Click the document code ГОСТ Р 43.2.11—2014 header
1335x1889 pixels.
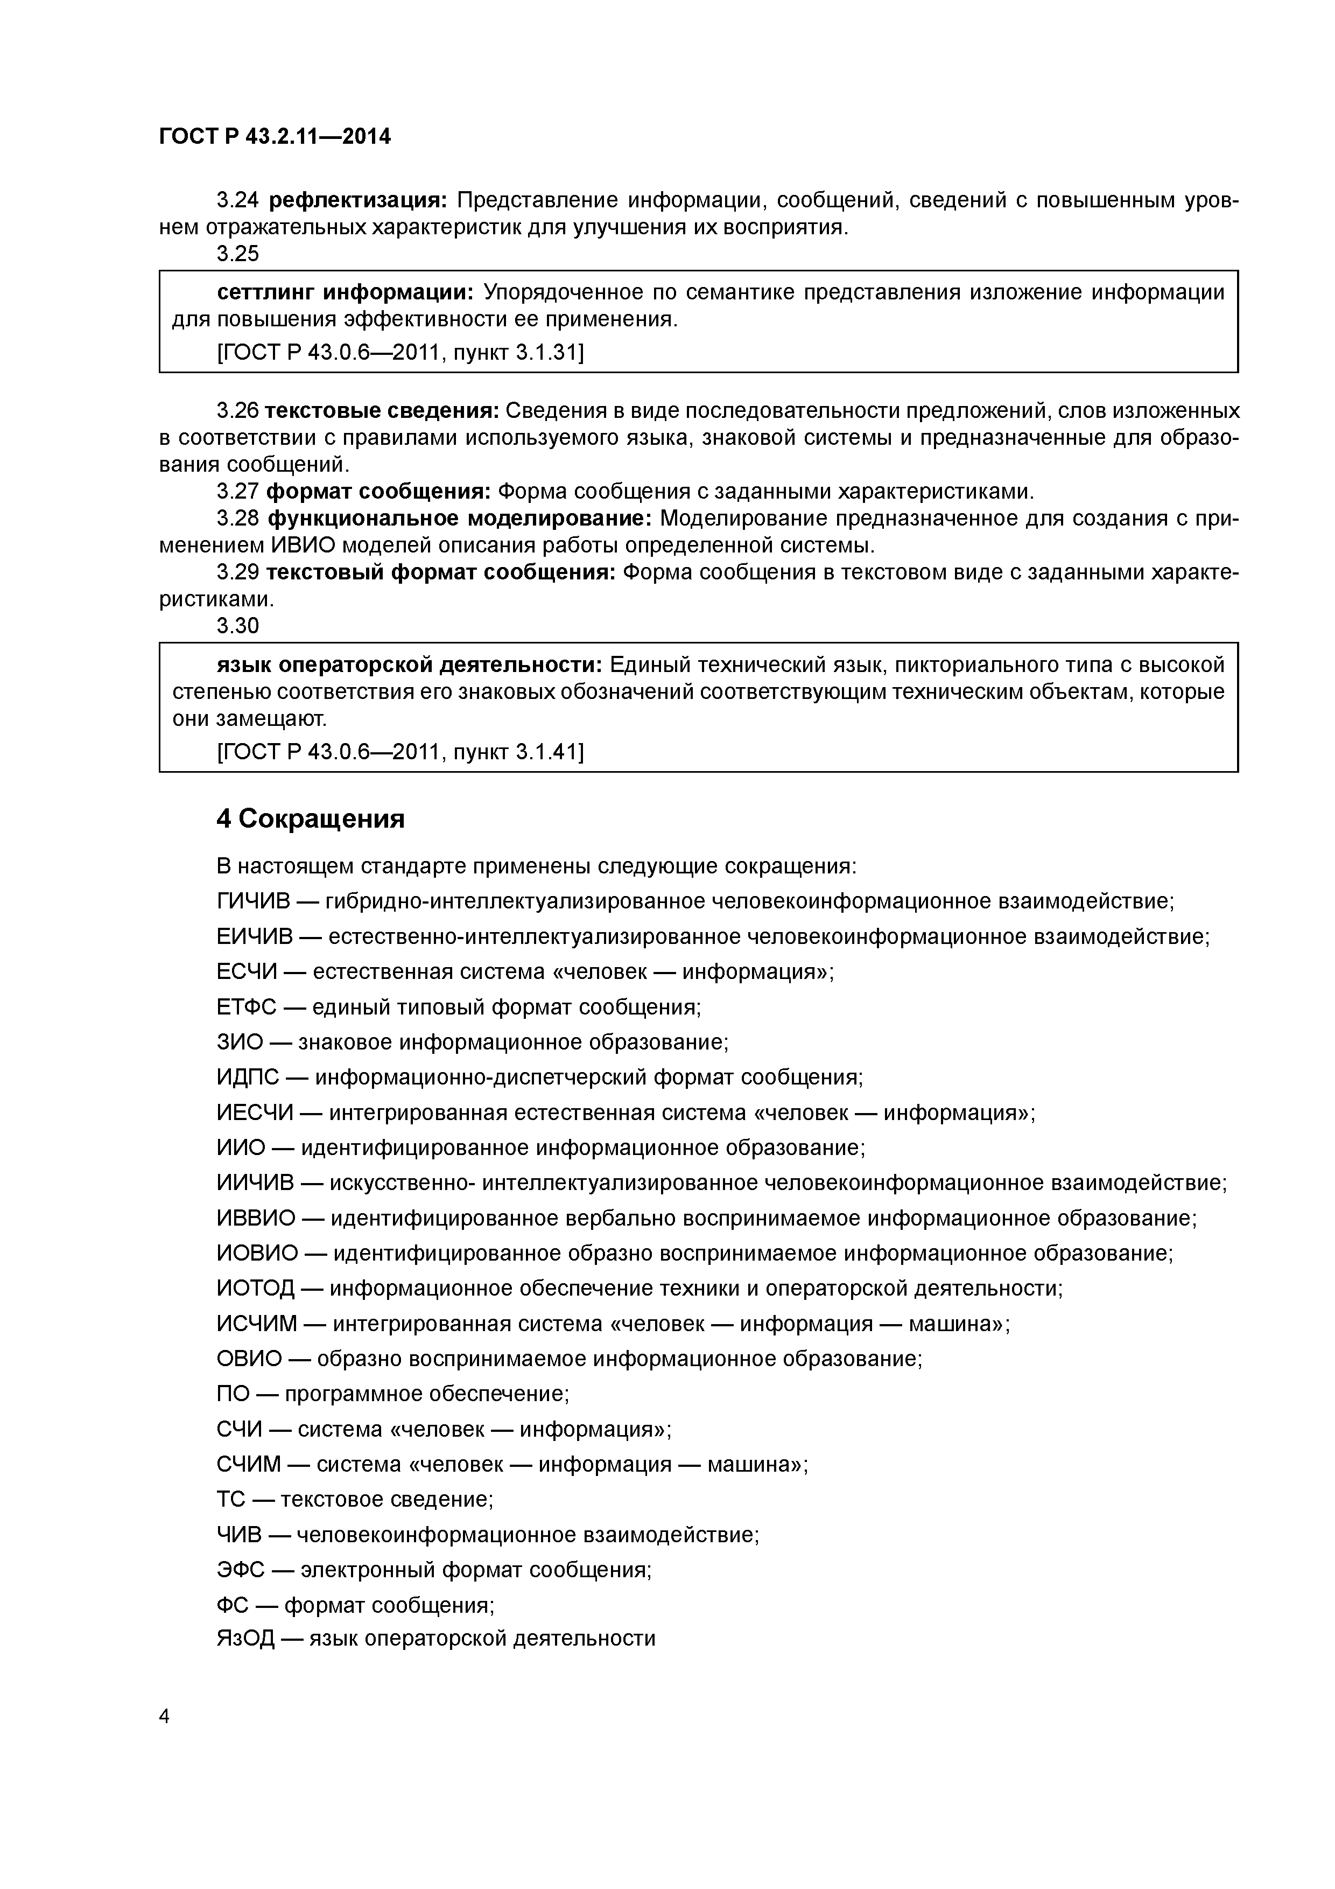point(275,137)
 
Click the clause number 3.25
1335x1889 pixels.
point(238,254)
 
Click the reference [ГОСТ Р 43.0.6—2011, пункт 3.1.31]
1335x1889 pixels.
point(400,353)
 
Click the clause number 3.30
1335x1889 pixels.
point(238,626)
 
